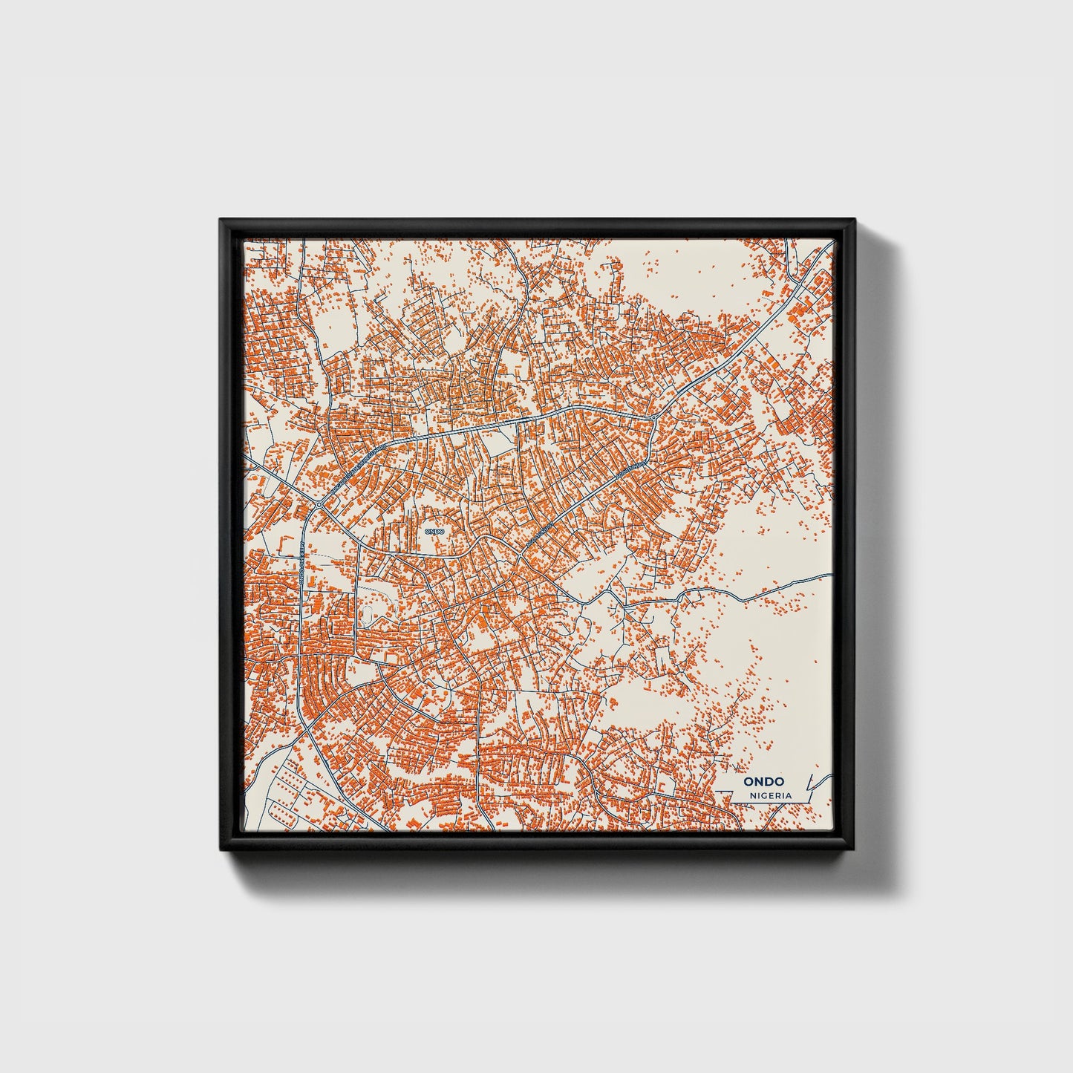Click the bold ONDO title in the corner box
pos(764,781)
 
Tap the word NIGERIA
pos(771,795)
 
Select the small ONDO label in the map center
pos(434,531)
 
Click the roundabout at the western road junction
pos(318,505)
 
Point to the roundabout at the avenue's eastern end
pos(653,419)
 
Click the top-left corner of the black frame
pos(220,219)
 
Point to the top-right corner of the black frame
pos(855,219)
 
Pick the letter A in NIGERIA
pos(788,795)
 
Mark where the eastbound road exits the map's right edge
pos(832,575)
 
